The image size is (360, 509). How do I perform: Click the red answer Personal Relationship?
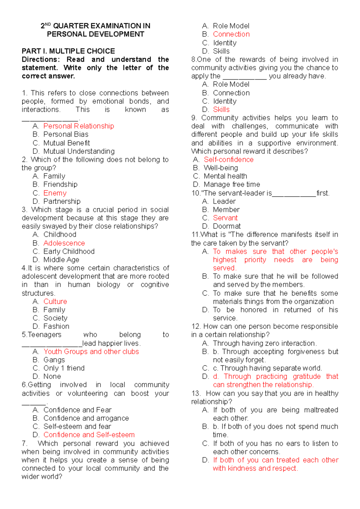[x=79, y=126]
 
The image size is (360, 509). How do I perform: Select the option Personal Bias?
[x=66, y=134]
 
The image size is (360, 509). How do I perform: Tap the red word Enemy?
[x=55, y=193]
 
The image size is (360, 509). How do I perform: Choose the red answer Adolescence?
[x=64, y=243]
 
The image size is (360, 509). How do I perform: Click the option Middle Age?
[x=61, y=260]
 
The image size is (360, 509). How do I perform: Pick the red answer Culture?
[x=55, y=301]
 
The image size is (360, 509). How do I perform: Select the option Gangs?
[x=54, y=360]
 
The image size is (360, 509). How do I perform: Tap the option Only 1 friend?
[x=64, y=368]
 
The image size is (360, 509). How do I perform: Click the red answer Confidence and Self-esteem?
[x=89, y=435]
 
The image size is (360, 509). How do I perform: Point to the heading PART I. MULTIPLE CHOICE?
[x=68, y=51]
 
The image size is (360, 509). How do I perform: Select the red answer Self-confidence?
[x=229, y=159]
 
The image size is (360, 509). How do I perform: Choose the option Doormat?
[x=226, y=226]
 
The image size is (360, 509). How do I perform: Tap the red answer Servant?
[x=225, y=218]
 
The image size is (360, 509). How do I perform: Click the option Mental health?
[x=225, y=176]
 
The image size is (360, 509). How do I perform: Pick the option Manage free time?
[x=232, y=184]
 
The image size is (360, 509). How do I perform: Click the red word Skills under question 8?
[x=221, y=109]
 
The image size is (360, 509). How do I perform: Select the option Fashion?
[x=56, y=326]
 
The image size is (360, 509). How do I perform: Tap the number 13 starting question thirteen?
[x=195, y=393]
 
